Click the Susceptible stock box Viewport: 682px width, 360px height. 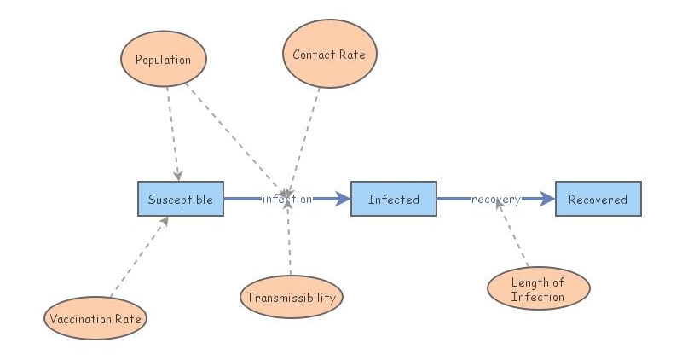181,199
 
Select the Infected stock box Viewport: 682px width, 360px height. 393,199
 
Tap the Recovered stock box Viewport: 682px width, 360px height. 598,199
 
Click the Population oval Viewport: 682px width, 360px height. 164,60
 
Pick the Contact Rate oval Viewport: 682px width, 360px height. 329,55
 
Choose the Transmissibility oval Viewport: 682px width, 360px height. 291,298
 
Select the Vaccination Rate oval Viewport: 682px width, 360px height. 95,319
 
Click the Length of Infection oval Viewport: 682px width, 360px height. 538,290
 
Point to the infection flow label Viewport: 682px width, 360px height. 287,199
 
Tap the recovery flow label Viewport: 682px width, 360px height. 495,199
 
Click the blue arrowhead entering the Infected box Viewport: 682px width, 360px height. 342,199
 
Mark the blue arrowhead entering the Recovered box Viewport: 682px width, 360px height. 546,199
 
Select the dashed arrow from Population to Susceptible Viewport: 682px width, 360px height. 173,132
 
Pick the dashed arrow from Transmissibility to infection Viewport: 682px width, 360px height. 290,243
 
